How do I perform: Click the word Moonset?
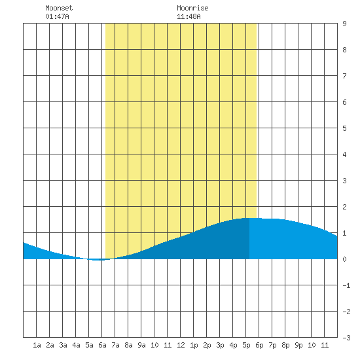click(59, 8)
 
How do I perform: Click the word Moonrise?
click(192, 8)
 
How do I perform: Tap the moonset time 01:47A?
click(57, 16)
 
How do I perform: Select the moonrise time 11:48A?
click(189, 16)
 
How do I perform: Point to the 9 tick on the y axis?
click(344, 24)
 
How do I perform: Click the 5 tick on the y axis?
click(344, 128)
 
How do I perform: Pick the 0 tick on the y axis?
click(344, 259)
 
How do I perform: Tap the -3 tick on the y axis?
click(346, 338)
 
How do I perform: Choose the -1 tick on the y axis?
click(346, 285)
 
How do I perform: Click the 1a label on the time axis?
click(37, 345)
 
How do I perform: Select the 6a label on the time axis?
click(102, 345)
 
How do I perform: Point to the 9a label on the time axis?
click(141, 345)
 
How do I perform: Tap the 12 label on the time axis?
click(181, 345)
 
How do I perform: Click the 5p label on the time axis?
click(246, 345)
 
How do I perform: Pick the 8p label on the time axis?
click(285, 345)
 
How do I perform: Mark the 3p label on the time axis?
click(220, 345)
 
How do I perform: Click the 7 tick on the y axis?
click(344, 76)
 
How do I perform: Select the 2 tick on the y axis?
click(344, 207)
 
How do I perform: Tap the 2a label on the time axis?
click(50, 345)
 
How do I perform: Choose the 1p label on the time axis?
click(194, 345)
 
